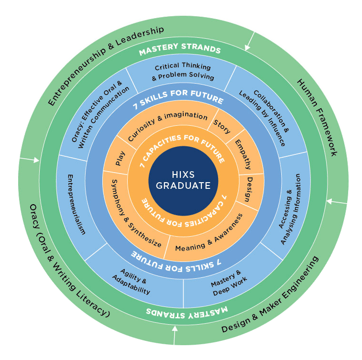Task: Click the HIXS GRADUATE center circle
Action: point(184,180)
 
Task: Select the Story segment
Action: point(221,126)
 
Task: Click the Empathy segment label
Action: point(242,154)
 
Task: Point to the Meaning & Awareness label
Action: point(208,233)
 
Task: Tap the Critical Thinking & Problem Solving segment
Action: point(183,72)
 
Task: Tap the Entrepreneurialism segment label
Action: point(76,205)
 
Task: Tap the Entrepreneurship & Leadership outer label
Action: point(106,65)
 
